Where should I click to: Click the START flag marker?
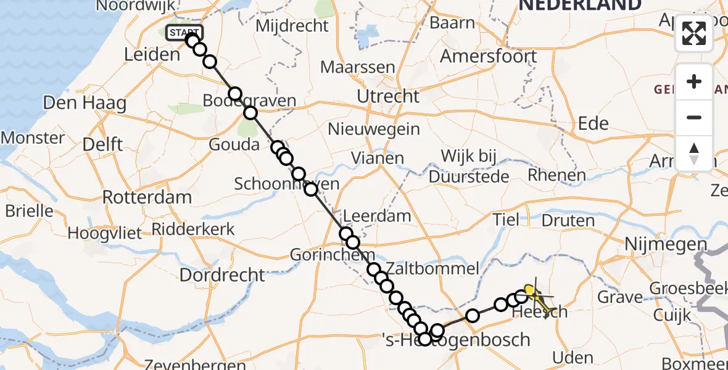[x=184, y=33]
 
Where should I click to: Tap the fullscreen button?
[x=694, y=33]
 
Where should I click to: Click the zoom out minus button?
[x=694, y=117]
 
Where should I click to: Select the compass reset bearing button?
[x=694, y=152]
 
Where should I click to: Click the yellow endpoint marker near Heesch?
[x=529, y=289]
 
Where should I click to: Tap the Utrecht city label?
[x=388, y=96]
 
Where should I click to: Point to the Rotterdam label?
[x=147, y=198]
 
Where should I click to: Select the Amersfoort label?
[x=488, y=56]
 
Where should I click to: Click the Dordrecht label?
[x=222, y=274]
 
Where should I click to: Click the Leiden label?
[x=151, y=54]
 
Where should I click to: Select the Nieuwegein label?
[x=374, y=129]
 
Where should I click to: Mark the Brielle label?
[x=29, y=211]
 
